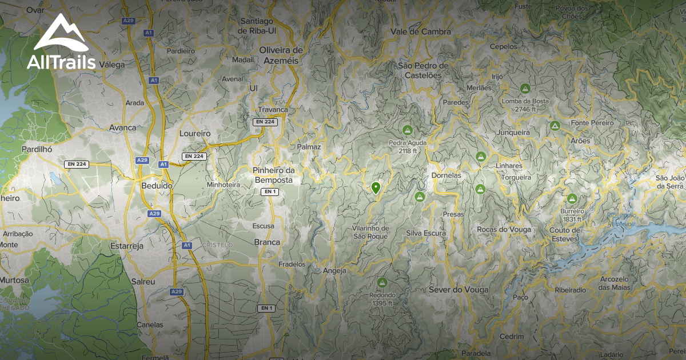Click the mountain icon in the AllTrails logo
point(61,35)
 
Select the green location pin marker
point(376,187)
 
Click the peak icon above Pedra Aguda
point(407,130)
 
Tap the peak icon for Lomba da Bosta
point(525,89)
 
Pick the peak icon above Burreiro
point(572,198)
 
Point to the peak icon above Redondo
point(382,282)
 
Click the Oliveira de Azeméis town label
point(281,55)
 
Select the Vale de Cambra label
point(421,32)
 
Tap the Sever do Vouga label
point(458,290)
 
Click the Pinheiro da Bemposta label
point(273,175)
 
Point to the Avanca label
point(122,127)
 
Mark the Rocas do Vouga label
point(504,229)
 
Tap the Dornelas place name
point(446,175)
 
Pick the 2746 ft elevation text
point(524,109)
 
